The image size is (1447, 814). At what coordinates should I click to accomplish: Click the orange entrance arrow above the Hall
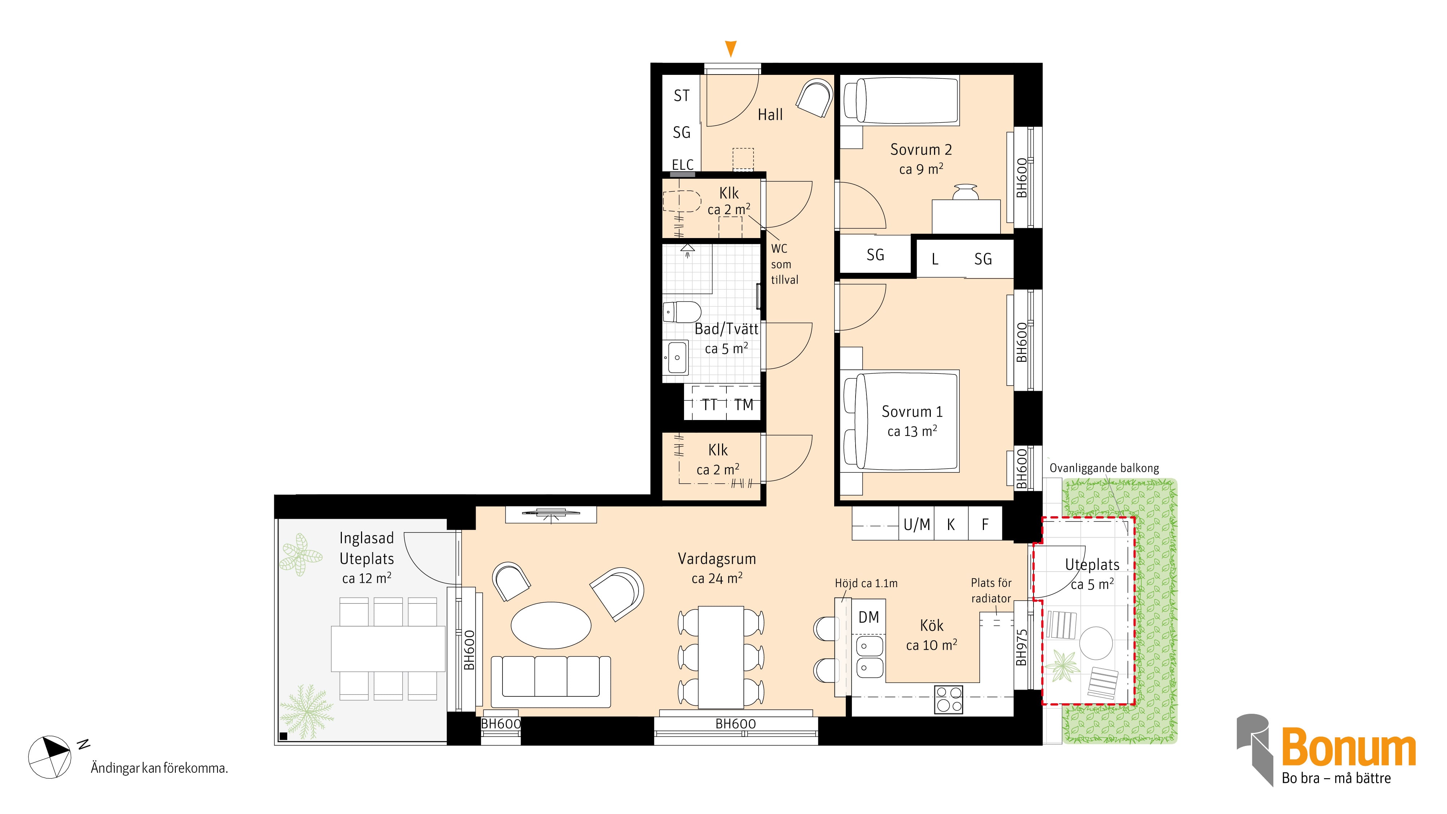(730, 49)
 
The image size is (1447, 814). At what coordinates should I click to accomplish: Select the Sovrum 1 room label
(912, 412)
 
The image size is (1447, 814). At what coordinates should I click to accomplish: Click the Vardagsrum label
(717, 559)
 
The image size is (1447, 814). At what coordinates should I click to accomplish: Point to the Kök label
(932, 625)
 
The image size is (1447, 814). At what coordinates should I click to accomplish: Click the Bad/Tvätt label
(726, 328)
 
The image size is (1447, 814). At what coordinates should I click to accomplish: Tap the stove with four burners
(949, 699)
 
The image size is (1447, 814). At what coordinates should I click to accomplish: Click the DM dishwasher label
(869, 618)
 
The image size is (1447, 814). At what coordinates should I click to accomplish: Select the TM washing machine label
(743, 404)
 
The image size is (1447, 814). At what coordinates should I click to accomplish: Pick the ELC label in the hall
(683, 165)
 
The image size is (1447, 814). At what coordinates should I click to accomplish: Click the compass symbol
(50, 757)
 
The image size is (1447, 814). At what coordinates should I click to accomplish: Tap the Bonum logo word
(1349, 747)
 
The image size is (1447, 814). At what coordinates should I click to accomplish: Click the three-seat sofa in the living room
(551, 682)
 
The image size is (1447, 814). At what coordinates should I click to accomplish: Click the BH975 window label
(1022, 648)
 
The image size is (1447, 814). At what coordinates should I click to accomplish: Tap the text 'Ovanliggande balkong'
(1104, 468)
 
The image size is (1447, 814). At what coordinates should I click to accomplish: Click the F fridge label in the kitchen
(985, 525)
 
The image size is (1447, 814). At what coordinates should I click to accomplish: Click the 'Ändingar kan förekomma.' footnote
(160, 768)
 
